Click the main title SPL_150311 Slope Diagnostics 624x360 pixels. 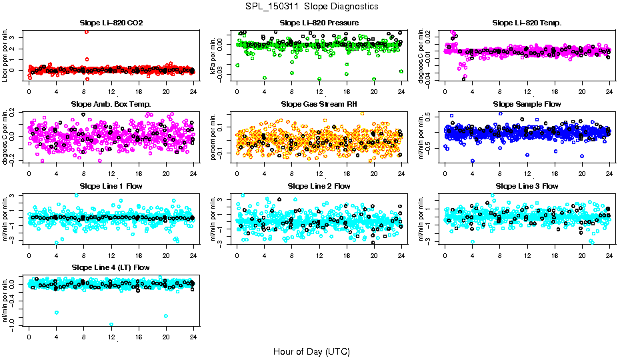[311, 6]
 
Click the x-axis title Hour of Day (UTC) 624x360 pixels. [311, 351]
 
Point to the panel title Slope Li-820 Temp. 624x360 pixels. [527, 23]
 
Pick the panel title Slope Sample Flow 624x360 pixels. [527, 105]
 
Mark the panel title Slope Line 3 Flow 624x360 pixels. [527, 186]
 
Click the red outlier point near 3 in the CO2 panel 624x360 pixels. [87, 32]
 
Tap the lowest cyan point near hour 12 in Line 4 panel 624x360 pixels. [111, 325]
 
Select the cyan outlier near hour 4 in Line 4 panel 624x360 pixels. [57, 312]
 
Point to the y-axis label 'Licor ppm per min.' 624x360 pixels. [6, 55]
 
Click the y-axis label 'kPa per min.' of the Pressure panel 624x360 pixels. [214, 55]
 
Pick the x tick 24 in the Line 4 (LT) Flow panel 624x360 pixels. [193, 337]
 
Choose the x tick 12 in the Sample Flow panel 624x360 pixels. [527, 175]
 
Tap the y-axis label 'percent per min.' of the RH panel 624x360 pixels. [214, 137]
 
